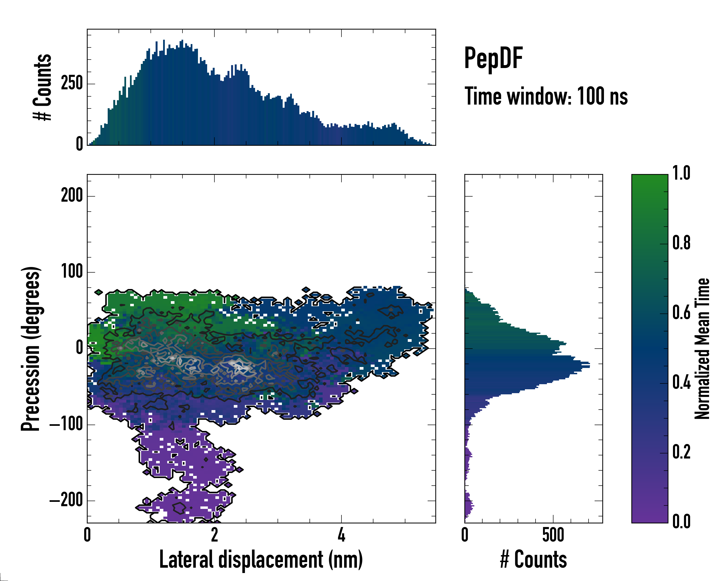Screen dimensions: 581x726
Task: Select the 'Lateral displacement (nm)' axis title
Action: pyautogui.click(x=261, y=559)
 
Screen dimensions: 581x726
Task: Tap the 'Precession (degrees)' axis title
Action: pyautogui.click(x=31, y=349)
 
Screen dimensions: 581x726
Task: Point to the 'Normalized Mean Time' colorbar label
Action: pyautogui.click(x=702, y=349)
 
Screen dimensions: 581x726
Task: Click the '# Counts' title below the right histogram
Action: pyautogui.click(x=533, y=559)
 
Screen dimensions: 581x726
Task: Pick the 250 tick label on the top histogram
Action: pyautogui.click(x=72, y=83)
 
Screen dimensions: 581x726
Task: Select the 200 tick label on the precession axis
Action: pyautogui.click(x=72, y=195)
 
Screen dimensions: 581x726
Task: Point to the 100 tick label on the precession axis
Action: pyautogui.click(x=72, y=271)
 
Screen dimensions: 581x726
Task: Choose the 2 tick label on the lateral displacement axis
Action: pyautogui.click(x=214, y=535)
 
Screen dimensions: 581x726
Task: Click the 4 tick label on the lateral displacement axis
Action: pyautogui.click(x=341, y=535)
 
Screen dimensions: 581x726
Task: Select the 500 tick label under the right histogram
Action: pyautogui.click(x=553, y=535)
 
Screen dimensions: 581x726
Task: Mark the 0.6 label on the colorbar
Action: pyautogui.click(x=681, y=313)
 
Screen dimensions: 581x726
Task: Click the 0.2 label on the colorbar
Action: pyautogui.click(x=681, y=452)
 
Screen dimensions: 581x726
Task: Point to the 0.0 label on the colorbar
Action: pyautogui.click(x=681, y=521)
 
